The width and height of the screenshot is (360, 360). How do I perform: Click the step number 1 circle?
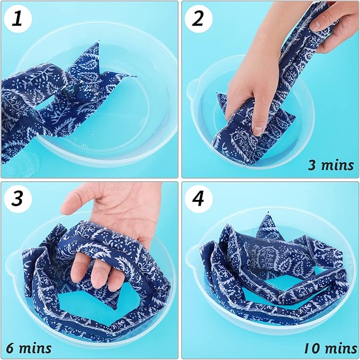(x=17, y=20)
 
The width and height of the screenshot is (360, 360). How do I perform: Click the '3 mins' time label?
(x=330, y=164)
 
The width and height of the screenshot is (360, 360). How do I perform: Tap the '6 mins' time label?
(x=29, y=347)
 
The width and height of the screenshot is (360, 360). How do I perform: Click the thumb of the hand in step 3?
(x=74, y=204)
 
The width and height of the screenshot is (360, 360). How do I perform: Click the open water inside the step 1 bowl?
(x=127, y=117)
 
